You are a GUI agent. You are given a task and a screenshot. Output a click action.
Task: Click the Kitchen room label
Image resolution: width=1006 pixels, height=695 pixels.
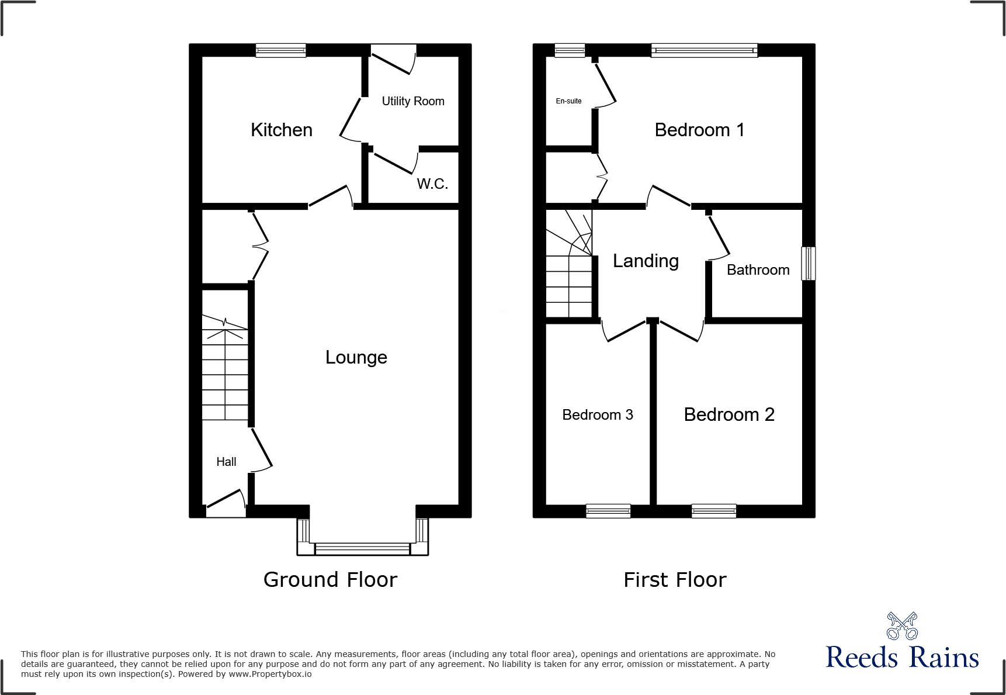281,130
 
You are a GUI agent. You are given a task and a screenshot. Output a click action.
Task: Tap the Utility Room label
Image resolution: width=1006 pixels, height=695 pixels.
412,101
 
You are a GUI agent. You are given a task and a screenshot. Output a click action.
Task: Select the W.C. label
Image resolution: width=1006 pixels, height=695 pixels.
432,184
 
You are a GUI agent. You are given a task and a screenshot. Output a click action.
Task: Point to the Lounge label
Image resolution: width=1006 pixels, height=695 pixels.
356,357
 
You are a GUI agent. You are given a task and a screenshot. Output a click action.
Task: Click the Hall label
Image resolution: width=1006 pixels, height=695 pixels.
226,462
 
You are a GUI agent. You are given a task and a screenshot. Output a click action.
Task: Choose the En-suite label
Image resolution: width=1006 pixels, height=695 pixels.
568,101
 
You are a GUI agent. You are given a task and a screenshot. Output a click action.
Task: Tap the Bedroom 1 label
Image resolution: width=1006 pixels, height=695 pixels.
699,130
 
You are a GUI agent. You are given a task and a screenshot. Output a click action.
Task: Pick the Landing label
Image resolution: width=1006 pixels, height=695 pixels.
646,261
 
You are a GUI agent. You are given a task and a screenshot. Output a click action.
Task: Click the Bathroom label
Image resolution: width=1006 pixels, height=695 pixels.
758,270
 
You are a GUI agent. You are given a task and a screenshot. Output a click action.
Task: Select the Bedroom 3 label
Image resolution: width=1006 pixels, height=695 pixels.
597,414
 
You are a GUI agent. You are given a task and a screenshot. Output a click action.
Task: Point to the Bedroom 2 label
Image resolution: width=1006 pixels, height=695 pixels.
729,414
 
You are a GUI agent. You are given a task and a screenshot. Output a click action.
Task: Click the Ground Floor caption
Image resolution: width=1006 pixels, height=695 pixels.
330,580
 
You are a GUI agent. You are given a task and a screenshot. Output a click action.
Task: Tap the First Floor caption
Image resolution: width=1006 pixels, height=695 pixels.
675,580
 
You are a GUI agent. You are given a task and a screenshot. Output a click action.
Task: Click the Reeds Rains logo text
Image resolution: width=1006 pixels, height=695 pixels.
902,658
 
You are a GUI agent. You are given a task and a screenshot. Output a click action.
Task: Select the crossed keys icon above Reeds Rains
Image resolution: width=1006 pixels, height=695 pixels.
902,626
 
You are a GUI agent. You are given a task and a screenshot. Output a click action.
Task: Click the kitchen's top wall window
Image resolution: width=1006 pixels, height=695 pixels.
281,50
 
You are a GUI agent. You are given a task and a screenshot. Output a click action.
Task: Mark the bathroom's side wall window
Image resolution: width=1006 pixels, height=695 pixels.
808,263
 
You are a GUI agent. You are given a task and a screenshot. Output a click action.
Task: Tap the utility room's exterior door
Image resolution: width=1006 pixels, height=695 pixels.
393,60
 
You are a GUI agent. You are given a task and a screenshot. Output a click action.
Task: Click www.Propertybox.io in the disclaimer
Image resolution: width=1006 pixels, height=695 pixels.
270,674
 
